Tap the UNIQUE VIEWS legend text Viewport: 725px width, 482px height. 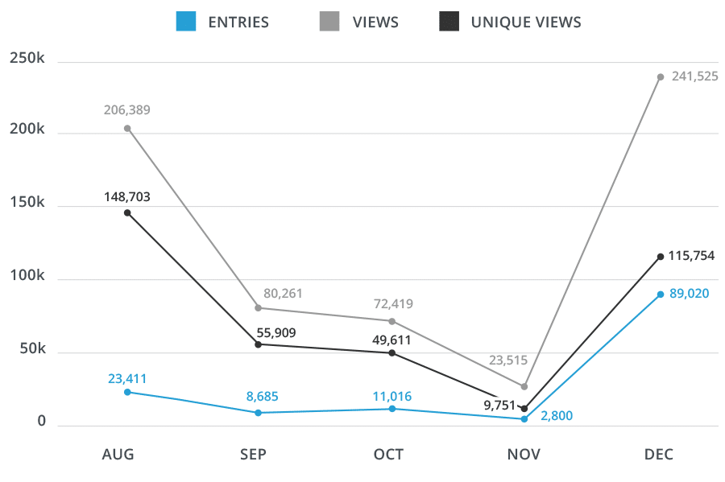(x=526, y=23)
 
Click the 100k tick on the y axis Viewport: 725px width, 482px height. (x=28, y=277)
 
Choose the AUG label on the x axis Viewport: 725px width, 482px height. (x=118, y=455)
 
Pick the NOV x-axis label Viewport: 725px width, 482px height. (x=524, y=455)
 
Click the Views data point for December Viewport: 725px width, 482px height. (x=661, y=77)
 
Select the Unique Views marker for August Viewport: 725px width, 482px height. (x=127, y=212)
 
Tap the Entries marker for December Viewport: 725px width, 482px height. (x=661, y=295)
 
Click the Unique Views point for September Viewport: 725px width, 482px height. (x=258, y=344)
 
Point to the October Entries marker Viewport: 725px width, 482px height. (x=392, y=409)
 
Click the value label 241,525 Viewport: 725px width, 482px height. (x=694, y=76)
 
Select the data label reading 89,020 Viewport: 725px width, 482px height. (x=689, y=294)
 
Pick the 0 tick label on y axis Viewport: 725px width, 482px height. (x=42, y=422)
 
